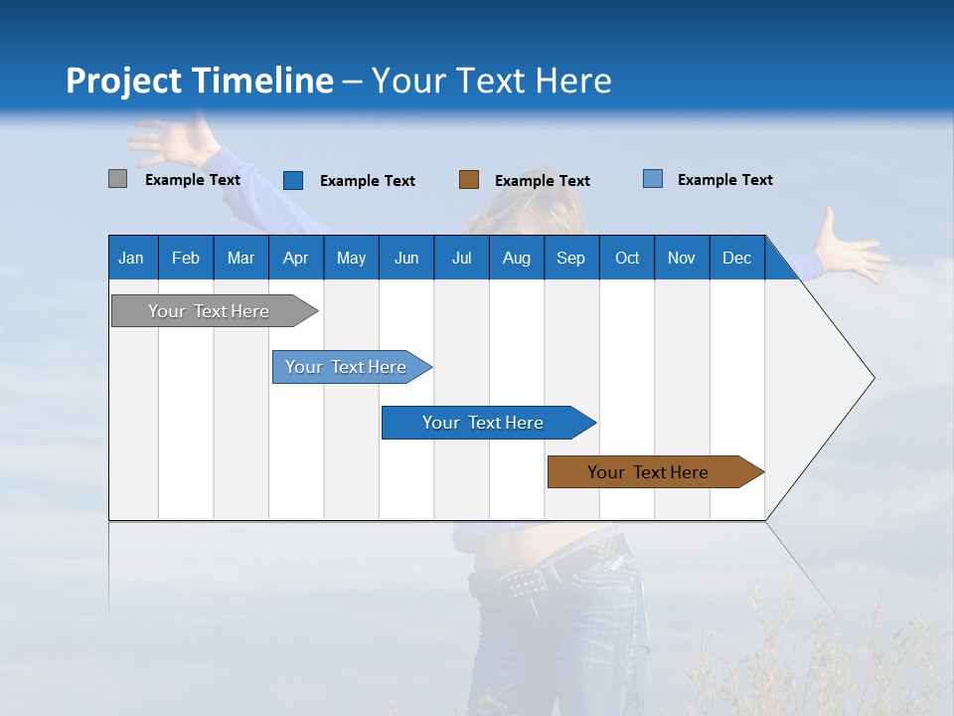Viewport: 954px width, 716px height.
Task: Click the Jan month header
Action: (x=131, y=258)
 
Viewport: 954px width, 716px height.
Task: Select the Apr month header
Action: (x=295, y=258)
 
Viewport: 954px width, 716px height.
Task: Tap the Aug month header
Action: (x=516, y=258)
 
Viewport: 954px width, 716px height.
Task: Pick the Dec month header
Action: (x=736, y=258)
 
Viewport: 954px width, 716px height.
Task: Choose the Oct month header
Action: (x=626, y=258)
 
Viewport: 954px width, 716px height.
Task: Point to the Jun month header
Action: (x=405, y=258)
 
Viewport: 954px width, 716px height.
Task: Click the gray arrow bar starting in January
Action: (x=209, y=311)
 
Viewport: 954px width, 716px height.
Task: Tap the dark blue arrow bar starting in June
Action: (x=483, y=423)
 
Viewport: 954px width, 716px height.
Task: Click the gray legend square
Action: (x=117, y=179)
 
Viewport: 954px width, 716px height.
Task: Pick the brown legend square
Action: (x=469, y=180)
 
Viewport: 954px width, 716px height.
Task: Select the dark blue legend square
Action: (x=293, y=180)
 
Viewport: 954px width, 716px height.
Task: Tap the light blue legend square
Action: (x=652, y=179)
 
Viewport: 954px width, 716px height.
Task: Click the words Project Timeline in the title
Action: (x=199, y=81)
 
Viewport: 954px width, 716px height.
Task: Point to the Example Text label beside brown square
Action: (x=542, y=181)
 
